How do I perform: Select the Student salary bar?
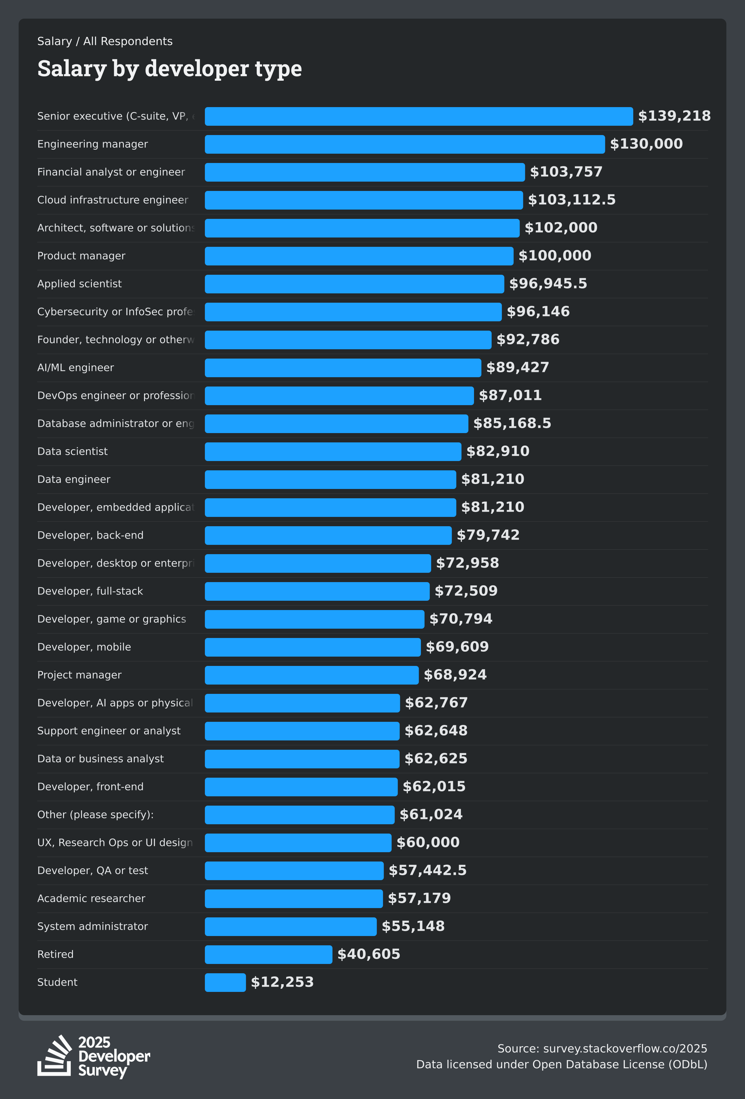pyautogui.click(x=225, y=982)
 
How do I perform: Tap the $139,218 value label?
pyautogui.click(x=674, y=116)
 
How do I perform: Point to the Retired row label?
pyautogui.click(x=55, y=954)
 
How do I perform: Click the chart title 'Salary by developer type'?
pyautogui.click(x=169, y=69)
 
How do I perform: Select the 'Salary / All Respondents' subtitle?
pyautogui.click(x=105, y=41)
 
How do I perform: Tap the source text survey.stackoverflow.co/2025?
pyautogui.click(x=602, y=1048)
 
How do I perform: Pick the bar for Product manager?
pyautogui.click(x=359, y=256)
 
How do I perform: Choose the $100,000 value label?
pyautogui.click(x=554, y=256)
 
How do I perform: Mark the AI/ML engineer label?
pyautogui.click(x=76, y=368)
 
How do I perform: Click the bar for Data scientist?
pyautogui.click(x=333, y=452)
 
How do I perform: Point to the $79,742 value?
pyautogui.click(x=488, y=535)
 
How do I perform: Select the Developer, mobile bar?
pyautogui.click(x=313, y=647)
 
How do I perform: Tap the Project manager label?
pyautogui.click(x=79, y=675)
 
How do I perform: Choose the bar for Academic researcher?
pyautogui.click(x=294, y=898)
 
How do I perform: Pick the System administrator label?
pyautogui.click(x=93, y=926)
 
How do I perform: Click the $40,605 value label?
pyautogui.click(x=369, y=954)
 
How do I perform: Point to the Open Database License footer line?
pyautogui.click(x=562, y=1065)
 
